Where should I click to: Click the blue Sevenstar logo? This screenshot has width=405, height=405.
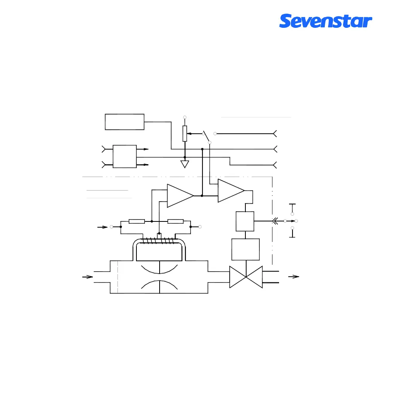pyautogui.click(x=325, y=21)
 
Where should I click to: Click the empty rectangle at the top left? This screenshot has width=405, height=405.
pyautogui.click(x=124, y=122)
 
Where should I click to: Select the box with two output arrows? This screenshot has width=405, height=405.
pyautogui.click(x=124, y=157)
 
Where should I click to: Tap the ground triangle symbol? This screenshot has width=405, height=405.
pyautogui.click(x=185, y=164)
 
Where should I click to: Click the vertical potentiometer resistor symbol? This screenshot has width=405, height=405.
pyautogui.click(x=185, y=133)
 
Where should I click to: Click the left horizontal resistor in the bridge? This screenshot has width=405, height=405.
pyautogui.click(x=136, y=221)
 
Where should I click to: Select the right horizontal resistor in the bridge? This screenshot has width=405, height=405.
pyautogui.click(x=175, y=221)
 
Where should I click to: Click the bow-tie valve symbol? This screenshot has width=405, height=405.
pyautogui.click(x=246, y=277)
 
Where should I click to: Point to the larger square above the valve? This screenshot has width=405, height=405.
pyautogui.click(x=245, y=249)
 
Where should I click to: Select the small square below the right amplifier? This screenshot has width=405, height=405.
pyautogui.click(x=245, y=221)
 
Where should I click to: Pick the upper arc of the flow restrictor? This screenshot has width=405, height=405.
pyautogui.click(x=159, y=268)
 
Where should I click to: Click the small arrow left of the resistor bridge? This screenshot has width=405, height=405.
pyautogui.click(x=103, y=227)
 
